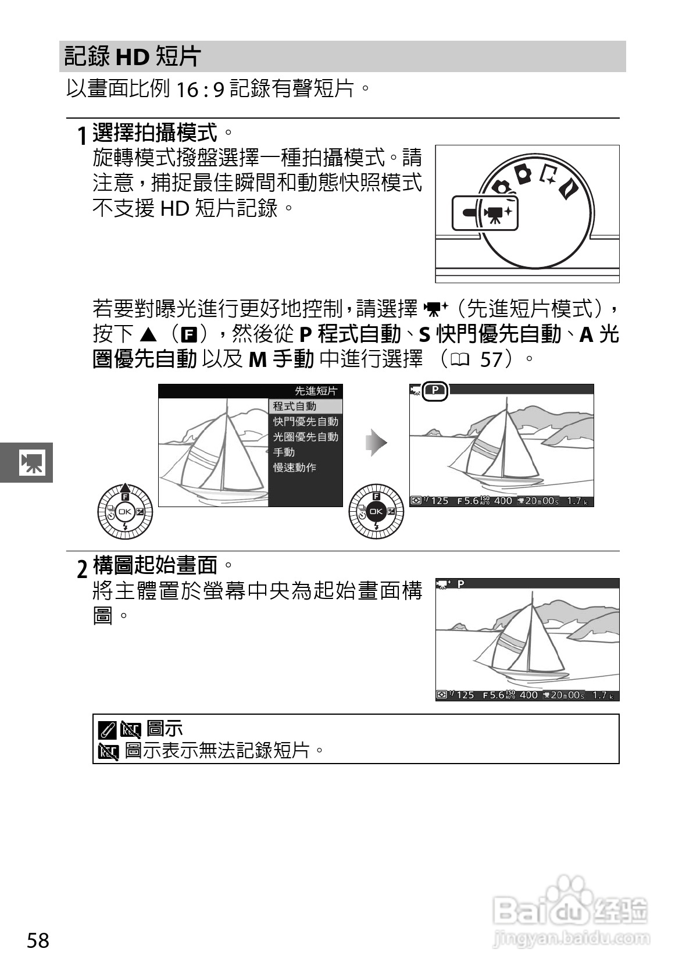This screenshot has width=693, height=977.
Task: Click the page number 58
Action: pos(38,940)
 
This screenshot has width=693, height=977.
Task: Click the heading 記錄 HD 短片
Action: pos(133,56)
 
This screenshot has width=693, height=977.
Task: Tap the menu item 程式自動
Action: pos(295,406)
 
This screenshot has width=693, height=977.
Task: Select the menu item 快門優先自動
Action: pos(305,421)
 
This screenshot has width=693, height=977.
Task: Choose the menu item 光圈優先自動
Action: pos(305,437)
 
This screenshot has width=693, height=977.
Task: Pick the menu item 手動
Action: pos(284,452)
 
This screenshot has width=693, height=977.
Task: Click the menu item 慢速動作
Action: pos(295,468)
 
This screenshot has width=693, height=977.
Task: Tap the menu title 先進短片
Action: pos(316,391)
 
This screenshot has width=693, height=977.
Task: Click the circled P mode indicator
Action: pos(436,391)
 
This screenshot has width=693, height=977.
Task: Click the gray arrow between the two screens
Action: pos(376,443)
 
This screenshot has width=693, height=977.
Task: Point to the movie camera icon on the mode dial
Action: pos(494,215)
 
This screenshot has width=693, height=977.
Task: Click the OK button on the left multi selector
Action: pos(125,512)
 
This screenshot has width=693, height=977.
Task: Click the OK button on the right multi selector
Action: pos(376,512)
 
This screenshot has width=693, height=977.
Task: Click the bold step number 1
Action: pos(83,137)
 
